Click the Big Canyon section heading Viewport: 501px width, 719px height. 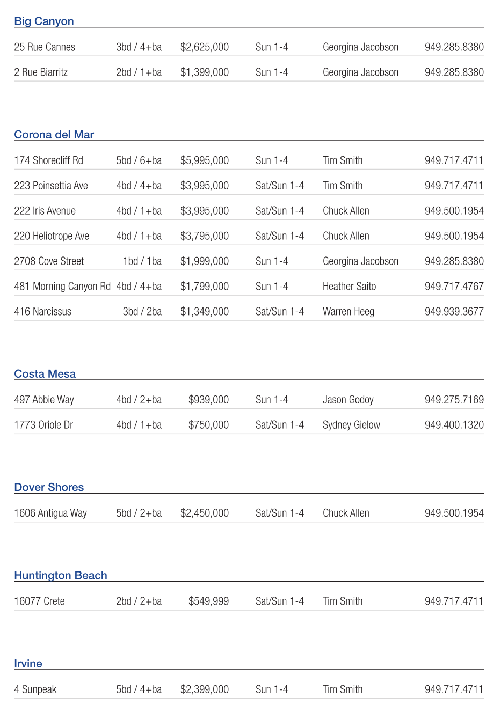[44, 21]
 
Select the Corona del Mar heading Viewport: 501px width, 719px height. [54, 135]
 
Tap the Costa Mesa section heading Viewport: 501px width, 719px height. [45, 374]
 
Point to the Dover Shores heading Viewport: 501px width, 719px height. [49, 487]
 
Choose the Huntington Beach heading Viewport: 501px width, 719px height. [61, 575]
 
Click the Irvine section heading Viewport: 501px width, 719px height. [28, 664]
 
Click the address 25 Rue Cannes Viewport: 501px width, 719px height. [45, 47]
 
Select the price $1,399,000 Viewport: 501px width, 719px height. [205, 72]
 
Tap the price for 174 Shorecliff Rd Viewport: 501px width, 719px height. [205, 160]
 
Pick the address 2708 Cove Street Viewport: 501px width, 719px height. [49, 261]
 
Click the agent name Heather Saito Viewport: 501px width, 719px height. [349, 287]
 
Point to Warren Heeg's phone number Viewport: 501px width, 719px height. [454, 312]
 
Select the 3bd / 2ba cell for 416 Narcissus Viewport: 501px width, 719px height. [142, 312]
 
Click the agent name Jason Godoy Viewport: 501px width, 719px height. [348, 400]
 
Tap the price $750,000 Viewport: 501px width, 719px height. [208, 425]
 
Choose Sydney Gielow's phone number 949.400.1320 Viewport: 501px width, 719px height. [454, 425]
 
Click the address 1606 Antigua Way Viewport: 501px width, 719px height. [50, 513]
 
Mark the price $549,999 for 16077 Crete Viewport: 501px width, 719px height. [208, 601]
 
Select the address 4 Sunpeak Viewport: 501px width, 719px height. [35, 689]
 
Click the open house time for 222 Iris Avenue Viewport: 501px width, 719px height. [279, 211]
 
